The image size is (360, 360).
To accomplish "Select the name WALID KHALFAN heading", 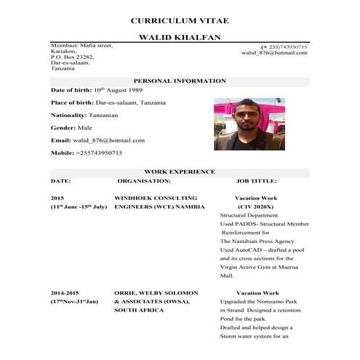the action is [x=180, y=37].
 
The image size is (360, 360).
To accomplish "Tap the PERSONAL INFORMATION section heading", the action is [x=180, y=81].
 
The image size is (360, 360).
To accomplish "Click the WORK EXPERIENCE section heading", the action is [x=180, y=172].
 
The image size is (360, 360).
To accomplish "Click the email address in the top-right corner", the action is [x=274, y=53].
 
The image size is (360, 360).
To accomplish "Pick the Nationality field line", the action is [x=84, y=115].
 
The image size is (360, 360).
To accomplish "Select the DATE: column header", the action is [x=60, y=180].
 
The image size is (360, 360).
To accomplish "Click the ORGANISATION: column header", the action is [x=144, y=180].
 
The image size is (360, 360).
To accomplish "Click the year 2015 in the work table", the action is [x=57, y=198].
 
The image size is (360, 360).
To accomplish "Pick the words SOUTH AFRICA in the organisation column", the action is [x=139, y=310].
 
